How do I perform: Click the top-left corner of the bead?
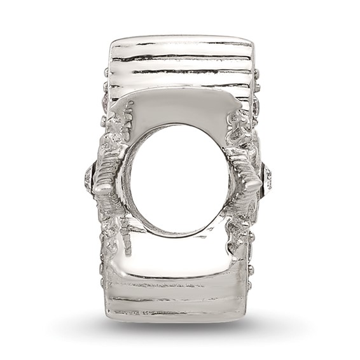click(x=113, y=43)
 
